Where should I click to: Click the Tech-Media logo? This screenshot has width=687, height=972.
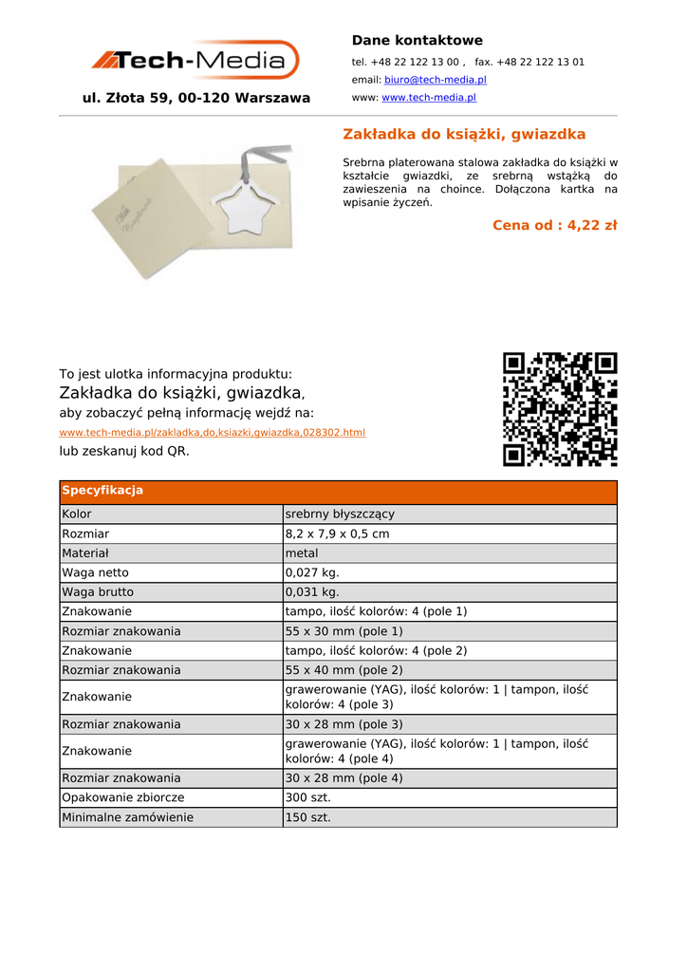click(195, 61)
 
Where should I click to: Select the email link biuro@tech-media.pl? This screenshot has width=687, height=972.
click(435, 81)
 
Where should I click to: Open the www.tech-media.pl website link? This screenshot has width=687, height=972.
click(428, 98)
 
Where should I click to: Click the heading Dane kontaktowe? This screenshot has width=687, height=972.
click(417, 41)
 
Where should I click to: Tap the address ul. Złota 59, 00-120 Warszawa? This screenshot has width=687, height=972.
click(196, 98)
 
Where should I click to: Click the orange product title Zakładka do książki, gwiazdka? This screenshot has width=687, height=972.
click(464, 135)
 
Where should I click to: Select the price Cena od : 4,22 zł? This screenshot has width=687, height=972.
click(554, 226)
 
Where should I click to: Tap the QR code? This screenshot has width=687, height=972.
click(560, 409)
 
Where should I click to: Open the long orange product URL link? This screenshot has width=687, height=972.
click(212, 433)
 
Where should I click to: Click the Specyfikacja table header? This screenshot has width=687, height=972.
click(102, 491)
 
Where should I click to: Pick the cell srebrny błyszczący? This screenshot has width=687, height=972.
click(340, 514)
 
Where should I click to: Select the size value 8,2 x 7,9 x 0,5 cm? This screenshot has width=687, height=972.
click(337, 534)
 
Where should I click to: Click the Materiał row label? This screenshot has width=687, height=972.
click(84, 553)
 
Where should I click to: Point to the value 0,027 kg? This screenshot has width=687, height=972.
click(311, 573)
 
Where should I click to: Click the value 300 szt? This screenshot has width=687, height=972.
click(307, 798)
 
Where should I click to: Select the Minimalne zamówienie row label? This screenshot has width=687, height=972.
click(127, 817)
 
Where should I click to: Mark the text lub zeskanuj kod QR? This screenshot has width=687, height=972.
click(124, 452)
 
